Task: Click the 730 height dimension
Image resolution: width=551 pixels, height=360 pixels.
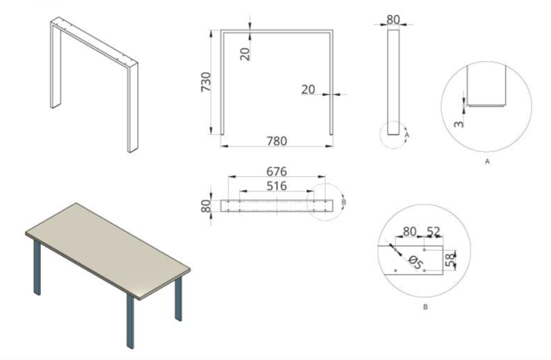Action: click(x=205, y=82)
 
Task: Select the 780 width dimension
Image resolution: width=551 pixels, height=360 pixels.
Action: click(x=277, y=141)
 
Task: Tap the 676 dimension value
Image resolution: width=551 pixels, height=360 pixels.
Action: click(x=277, y=171)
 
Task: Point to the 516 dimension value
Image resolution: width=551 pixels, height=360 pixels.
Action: click(x=277, y=186)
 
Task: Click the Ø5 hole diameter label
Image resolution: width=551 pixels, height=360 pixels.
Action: click(x=415, y=262)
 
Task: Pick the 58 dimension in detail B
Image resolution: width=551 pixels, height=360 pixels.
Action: click(x=450, y=260)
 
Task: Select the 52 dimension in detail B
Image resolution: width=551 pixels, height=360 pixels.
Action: click(x=433, y=232)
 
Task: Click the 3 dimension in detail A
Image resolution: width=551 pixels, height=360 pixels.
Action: click(x=459, y=124)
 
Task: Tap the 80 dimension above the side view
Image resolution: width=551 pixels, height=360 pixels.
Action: click(x=393, y=20)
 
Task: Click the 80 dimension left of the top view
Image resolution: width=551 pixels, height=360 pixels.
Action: click(x=206, y=207)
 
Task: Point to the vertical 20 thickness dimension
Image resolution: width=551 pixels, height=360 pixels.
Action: click(x=245, y=54)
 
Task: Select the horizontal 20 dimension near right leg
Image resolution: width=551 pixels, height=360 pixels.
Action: click(x=308, y=89)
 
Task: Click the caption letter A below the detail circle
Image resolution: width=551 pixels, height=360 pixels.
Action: click(x=487, y=162)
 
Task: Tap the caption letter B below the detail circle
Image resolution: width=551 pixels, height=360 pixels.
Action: click(x=425, y=307)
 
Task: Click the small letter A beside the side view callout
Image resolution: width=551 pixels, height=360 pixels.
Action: click(x=407, y=135)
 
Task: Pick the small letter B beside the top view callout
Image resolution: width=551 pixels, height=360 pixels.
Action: click(x=344, y=202)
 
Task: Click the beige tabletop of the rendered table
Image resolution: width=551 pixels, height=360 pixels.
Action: click(x=108, y=249)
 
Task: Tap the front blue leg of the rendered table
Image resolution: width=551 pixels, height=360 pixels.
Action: click(x=130, y=321)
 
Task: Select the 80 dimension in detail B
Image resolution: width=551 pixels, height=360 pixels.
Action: click(x=409, y=232)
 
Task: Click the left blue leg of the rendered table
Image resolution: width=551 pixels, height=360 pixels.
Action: click(x=37, y=268)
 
